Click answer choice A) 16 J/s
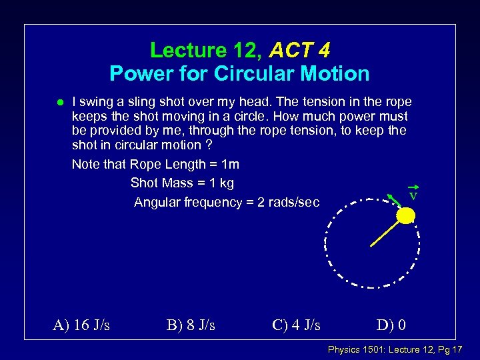click(x=81, y=325)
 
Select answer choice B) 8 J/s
click(x=190, y=325)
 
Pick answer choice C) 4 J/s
click(x=296, y=325)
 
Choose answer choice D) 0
click(x=391, y=325)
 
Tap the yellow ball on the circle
click(x=405, y=215)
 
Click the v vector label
click(x=413, y=195)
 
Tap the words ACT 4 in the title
click(x=300, y=50)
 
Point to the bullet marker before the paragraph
click(x=59, y=103)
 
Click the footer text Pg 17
click(x=449, y=349)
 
